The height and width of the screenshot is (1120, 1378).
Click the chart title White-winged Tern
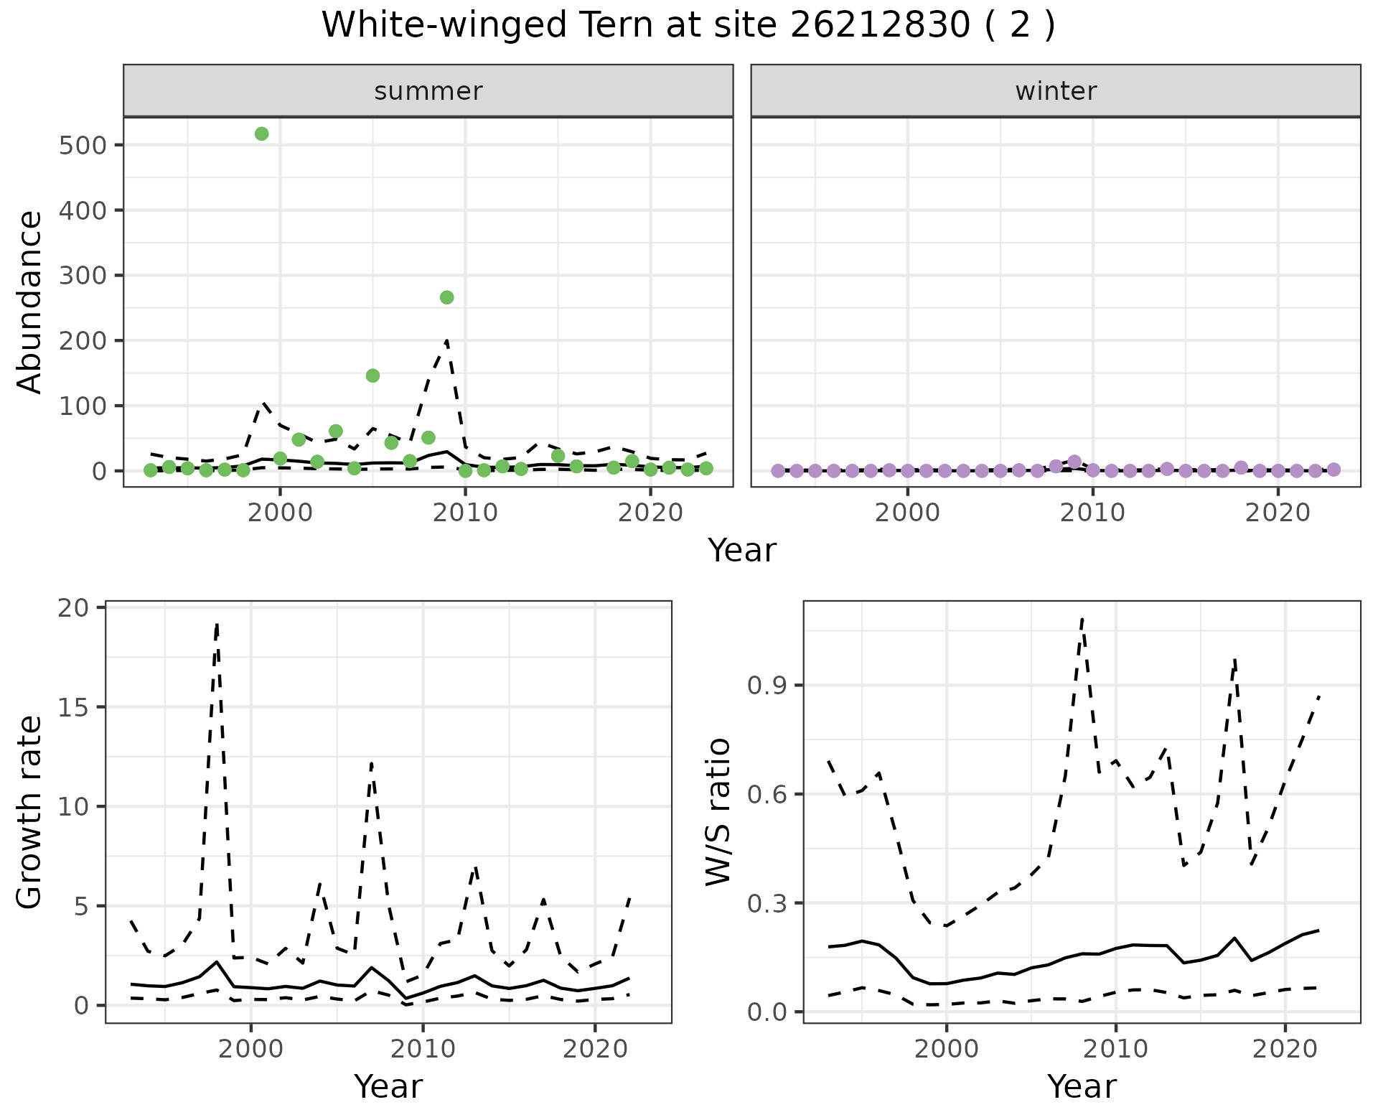(x=688, y=25)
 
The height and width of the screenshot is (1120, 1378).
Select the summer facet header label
(x=428, y=91)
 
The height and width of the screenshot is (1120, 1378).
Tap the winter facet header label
(x=1056, y=91)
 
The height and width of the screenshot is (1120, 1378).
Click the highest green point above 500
(x=262, y=134)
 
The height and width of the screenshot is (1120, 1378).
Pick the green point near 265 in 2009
(x=446, y=297)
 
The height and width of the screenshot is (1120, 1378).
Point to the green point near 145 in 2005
(x=372, y=375)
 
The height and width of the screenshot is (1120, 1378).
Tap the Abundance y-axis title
(x=30, y=302)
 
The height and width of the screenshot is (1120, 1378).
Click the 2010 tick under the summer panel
(x=465, y=513)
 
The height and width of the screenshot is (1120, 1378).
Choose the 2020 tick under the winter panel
(x=1278, y=513)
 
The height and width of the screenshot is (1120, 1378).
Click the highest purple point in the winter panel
(x=1074, y=462)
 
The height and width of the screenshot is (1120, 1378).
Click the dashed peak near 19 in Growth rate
(x=217, y=625)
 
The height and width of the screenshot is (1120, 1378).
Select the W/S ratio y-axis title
(x=718, y=812)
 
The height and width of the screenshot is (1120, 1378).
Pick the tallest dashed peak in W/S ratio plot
(x=1082, y=617)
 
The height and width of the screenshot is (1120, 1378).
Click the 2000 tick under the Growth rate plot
(x=250, y=1049)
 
